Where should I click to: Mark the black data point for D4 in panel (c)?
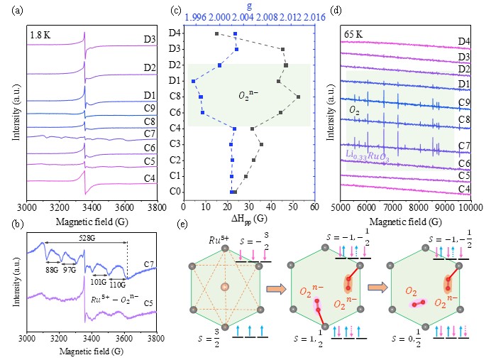(x=216, y=34)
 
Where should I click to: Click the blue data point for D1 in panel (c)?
(x=194, y=82)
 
